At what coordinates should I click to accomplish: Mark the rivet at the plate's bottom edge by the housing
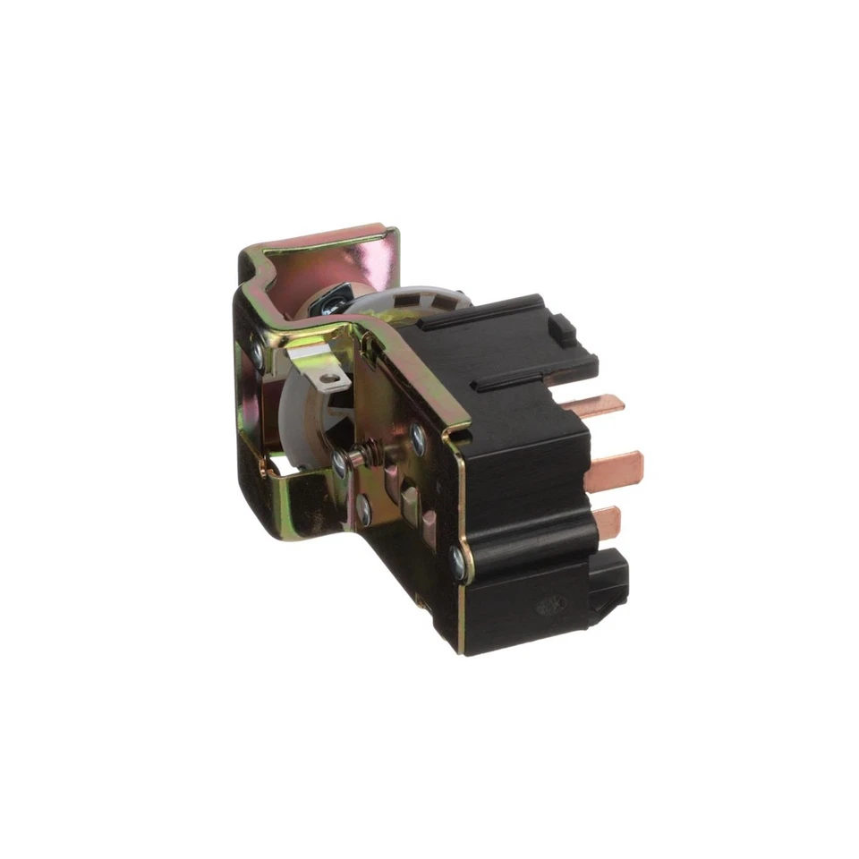click(459, 561)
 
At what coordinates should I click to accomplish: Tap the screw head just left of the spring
click(340, 461)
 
